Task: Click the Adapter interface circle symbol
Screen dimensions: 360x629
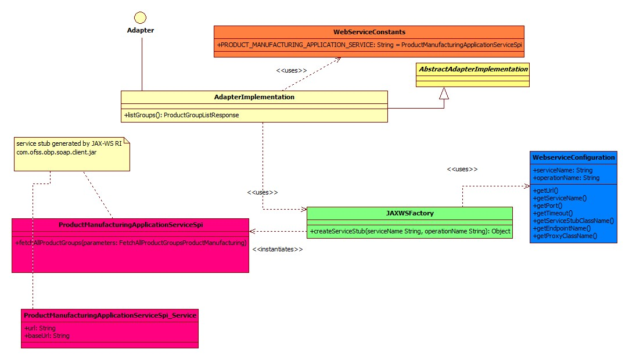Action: (x=140, y=17)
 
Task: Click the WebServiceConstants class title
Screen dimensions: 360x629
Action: (x=369, y=31)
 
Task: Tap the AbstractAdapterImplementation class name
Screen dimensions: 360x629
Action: (x=472, y=69)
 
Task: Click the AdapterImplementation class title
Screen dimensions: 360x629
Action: (x=254, y=97)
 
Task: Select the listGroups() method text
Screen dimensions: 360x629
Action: (x=181, y=115)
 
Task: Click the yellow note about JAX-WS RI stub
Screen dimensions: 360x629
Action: (x=71, y=154)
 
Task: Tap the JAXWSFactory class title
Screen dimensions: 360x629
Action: (x=409, y=213)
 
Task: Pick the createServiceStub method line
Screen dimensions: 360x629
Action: (x=409, y=231)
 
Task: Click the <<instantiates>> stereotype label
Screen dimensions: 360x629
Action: (x=278, y=249)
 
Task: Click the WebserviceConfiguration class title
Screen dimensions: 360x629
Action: (x=573, y=157)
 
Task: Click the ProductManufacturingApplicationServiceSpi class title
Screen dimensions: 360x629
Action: (x=130, y=225)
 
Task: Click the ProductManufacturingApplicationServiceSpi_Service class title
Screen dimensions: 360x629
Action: (x=109, y=315)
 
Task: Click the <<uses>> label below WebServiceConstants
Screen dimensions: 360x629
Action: (x=291, y=70)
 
